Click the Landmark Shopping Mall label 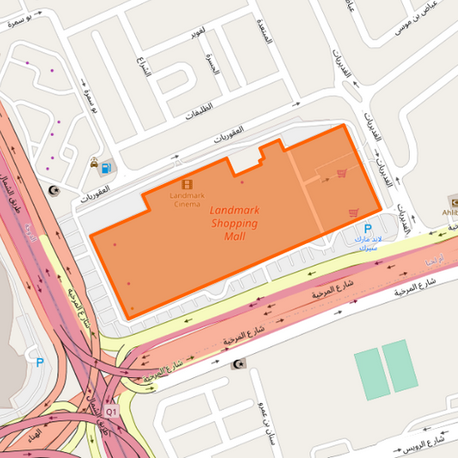234,223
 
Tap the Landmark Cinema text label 187,199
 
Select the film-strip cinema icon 187,184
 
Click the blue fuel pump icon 107,168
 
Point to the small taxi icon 94,162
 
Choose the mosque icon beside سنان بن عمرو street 238,364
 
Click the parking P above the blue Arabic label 369,230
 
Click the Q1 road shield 110,411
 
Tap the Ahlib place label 449,211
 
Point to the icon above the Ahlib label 453,199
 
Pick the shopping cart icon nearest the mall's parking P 353,212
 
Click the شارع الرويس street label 421,445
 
